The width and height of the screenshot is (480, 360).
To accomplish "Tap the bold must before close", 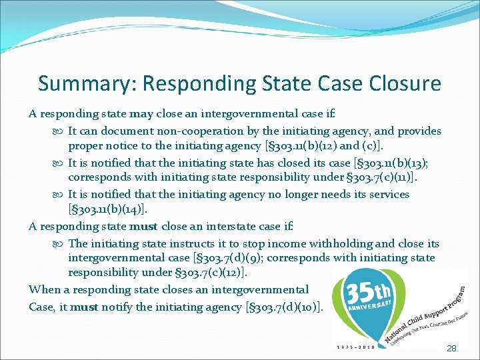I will (143, 226).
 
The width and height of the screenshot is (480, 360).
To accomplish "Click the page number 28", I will (451, 348).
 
